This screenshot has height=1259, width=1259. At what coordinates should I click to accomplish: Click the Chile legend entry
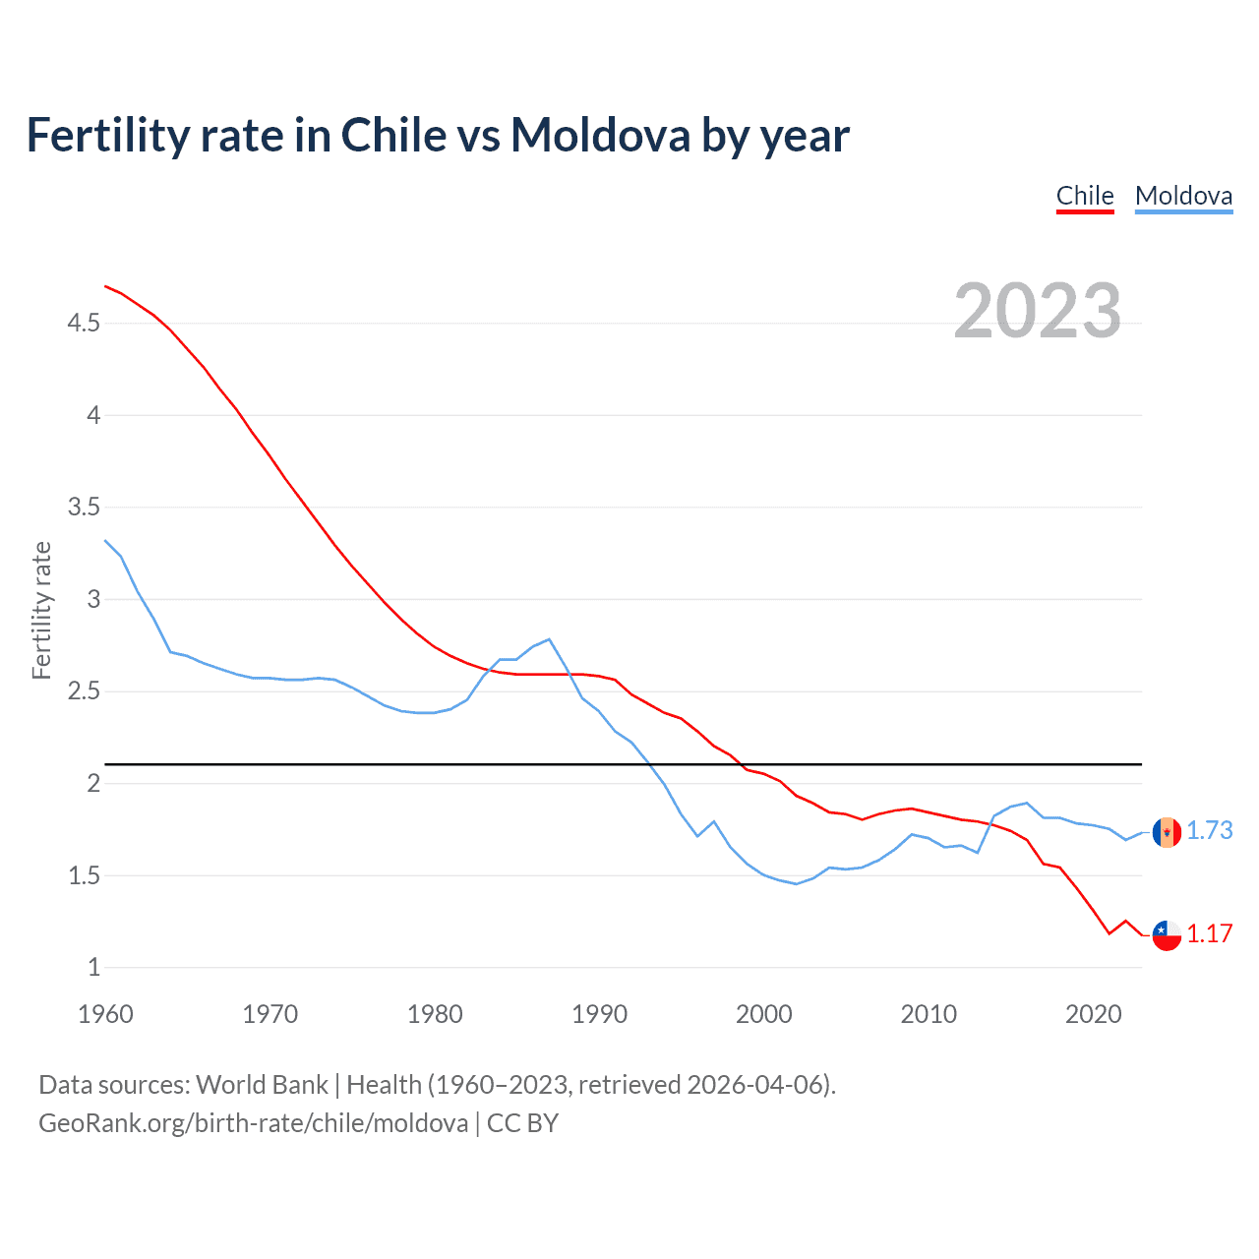(x=1085, y=196)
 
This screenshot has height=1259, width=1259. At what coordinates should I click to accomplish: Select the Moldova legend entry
(x=1183, y=196)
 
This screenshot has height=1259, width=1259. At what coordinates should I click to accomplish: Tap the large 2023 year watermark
(x=1037, y=311)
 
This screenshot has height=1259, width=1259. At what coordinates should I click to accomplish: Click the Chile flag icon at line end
(x=1167, y=935)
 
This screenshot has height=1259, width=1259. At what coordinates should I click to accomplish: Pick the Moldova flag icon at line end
(x=1167, y=832)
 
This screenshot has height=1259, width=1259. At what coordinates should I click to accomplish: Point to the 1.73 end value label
(x=1209, y=831)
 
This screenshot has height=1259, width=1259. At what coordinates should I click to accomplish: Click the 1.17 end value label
(x=1209, y=934)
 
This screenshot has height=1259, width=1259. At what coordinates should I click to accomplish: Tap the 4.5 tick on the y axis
(x=84, y=323)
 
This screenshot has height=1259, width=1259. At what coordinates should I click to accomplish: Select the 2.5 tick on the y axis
(x=84, y=691)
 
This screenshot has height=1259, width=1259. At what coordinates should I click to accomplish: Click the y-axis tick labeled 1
(x=94, y=968)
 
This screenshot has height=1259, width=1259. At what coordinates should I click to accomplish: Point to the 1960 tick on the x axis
(x=105, y=1014)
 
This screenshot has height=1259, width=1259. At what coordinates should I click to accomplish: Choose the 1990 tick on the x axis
(x=599, y=1014)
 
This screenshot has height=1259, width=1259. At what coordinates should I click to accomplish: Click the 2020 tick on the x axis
(x=1093, y=1014)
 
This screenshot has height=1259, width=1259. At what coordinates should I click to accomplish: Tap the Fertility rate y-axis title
(x=41, y=610)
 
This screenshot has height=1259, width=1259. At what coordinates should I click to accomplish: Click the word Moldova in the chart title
(x=600, y=135)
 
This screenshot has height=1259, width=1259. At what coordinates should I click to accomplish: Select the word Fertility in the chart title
(x=107, y=135)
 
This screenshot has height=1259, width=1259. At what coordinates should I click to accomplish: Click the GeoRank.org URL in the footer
(x=253, y=1123)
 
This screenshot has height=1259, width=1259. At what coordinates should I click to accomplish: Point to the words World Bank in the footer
(x=262, y=1085)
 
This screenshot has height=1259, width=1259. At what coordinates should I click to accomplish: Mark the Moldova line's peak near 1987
(x=549, y=639)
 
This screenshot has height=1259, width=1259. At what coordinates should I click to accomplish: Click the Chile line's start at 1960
(x=105, y=286)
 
